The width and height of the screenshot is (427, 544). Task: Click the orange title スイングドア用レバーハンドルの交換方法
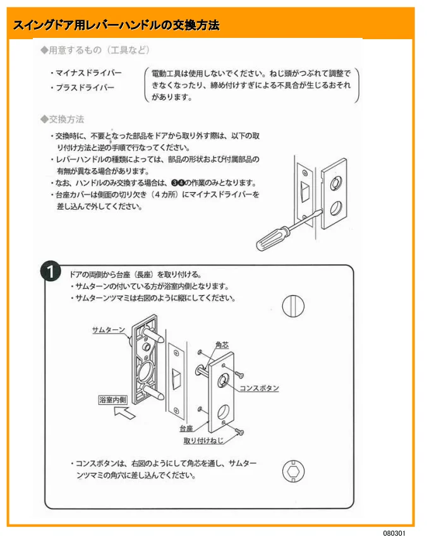click(x=116, y=25)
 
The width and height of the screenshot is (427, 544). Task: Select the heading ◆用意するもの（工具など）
click(x=95, y=51)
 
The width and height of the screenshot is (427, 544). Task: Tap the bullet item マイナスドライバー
click(x=86, y=73)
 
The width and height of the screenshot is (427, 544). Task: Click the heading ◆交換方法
click(x=62, y=119)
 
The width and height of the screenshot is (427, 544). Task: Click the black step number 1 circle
click(x=51, y=272)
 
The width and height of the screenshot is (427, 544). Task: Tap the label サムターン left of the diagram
click(x=109, y=330)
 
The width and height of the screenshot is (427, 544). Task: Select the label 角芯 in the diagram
click(x=222, y=345)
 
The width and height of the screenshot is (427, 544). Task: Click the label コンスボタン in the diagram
click(x=260, y=388)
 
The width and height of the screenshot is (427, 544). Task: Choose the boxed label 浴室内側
click(x=113, y=400)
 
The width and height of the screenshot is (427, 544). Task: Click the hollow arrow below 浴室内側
click(x=124, y=412)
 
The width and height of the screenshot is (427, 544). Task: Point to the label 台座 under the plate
click(x=186, y=429)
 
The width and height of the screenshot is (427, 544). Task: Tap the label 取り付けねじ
click(x=203, y=440)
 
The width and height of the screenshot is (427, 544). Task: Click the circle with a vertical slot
click(x=293, y=306)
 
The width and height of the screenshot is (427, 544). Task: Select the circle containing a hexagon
click(x=294, y=471)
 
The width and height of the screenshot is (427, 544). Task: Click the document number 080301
click(x=394, y=533)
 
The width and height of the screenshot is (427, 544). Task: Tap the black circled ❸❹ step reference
click(x=178, y=183)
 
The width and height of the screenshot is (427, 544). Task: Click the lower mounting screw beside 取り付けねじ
click(x=239, y=432)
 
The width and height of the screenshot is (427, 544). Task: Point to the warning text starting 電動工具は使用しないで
click(x=251, y=85)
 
